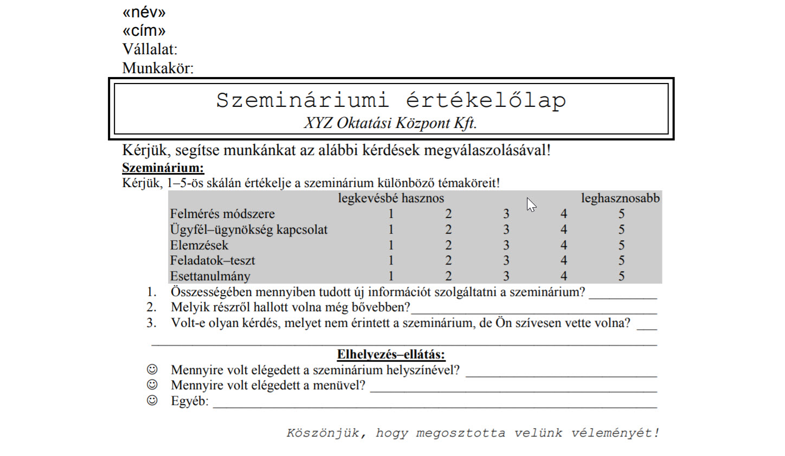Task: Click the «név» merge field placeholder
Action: point(144,12)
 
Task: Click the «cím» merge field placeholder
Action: point(144,31)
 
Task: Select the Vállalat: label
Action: point(150,49)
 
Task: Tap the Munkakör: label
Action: point(158,68)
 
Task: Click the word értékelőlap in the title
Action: point(486,100)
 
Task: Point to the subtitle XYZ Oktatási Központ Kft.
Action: point(390,123)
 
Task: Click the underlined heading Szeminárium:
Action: point(163,168)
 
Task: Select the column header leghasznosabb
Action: point(620,198)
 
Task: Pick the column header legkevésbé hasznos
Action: point(391,198)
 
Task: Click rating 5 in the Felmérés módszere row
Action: point(621,214)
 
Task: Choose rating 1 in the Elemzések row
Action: point(391,245)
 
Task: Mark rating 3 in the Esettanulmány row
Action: point(506,276)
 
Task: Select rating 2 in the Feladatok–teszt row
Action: point(448,261)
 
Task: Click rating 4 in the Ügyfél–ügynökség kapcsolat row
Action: point(564,230)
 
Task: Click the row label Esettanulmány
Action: point(210,277)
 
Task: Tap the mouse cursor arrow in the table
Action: point(531,204)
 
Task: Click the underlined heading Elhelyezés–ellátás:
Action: point(391,355)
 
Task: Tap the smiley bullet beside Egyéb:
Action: point(152,401)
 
